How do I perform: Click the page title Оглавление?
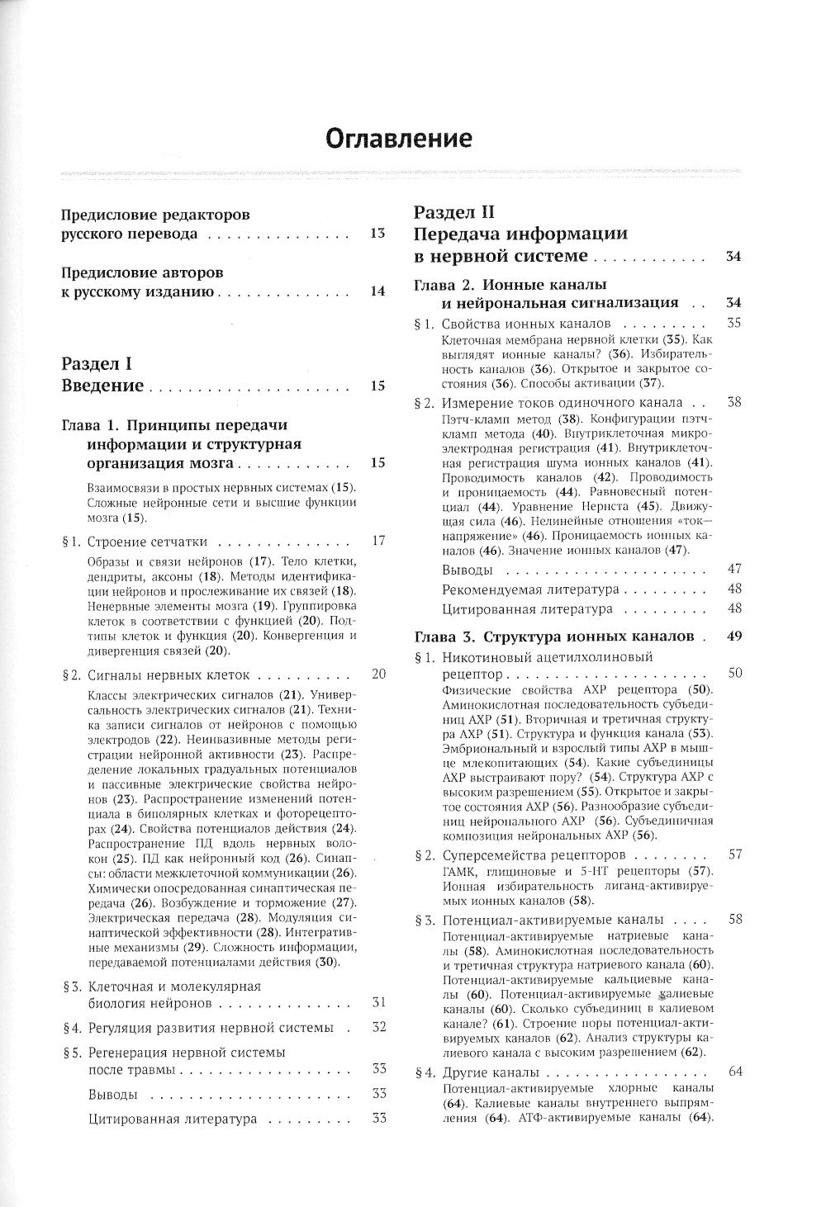coord(399,137)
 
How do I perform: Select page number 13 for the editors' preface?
coord(377,234)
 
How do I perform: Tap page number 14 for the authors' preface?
coord(377,291)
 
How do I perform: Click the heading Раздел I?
coord(97,363)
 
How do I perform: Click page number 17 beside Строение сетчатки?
coord(378,541)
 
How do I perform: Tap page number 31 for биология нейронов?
coord(378,1002)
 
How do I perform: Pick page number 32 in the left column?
coord(378,1027)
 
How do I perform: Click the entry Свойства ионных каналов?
coord(526,324)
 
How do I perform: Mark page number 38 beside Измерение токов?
coord(733,402)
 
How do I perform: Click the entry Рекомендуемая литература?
coord(529,589)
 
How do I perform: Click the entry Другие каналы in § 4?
coord(490,1072)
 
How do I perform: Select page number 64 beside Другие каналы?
coord(733,1072)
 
